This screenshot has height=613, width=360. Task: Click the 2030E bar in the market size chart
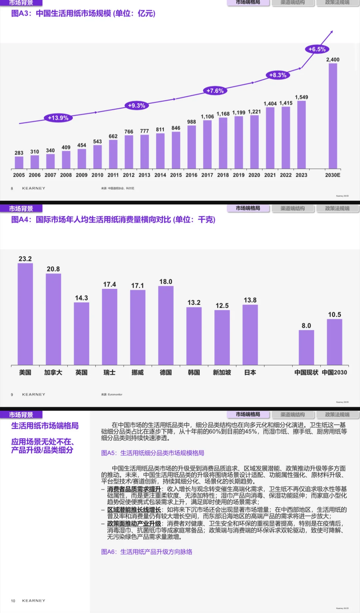[333, 116]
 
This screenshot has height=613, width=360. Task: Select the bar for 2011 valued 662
[113, 154]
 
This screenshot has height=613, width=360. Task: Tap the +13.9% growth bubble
[58, 118]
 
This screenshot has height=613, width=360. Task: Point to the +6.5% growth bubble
[317, 49]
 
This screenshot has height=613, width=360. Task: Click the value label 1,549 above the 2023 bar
[301, 97]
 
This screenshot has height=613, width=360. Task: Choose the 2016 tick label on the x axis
[191, 175]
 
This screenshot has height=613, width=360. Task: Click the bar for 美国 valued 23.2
[25, 314]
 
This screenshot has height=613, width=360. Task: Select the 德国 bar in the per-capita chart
[166, 326]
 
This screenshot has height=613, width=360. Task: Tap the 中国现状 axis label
[306, 373]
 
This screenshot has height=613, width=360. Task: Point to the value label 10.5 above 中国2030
[334, 315]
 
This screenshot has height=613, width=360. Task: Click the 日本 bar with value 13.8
[250, 335]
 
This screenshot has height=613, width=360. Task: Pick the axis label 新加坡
[222, 373]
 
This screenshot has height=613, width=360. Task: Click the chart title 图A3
[83, 14]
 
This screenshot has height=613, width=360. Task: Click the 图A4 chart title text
[113, 220]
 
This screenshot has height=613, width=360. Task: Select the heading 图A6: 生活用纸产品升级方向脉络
[147, 552]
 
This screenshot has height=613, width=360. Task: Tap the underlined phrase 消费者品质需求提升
[134, 489]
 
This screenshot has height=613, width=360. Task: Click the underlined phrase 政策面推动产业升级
[134, 524]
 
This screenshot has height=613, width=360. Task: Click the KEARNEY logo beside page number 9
[34, 395]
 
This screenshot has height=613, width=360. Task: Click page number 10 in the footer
[13, 601]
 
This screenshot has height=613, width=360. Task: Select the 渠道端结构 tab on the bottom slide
[293, 415]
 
